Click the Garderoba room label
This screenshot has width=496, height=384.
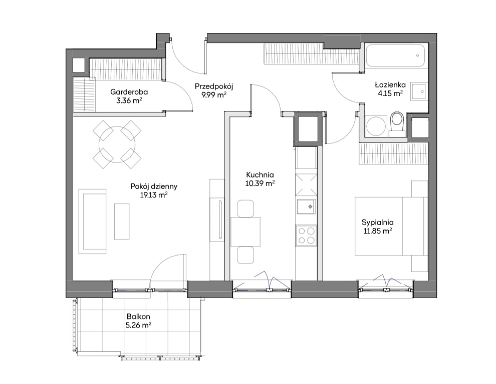coord(129,92)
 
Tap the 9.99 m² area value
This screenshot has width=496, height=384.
coord(214,94)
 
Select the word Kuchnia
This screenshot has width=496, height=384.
coord(260,174)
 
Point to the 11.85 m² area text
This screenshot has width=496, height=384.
coord(378,231)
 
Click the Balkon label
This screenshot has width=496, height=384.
coord(138,316)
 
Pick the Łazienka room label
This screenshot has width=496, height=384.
coord(390,84)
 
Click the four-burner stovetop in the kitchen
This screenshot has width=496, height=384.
coord(306,235)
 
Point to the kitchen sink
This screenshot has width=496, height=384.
coord(306,207)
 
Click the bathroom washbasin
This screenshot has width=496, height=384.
coord(419,91)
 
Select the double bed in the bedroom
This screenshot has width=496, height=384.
coord(391,226)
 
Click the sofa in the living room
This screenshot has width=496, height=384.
coord(92,221)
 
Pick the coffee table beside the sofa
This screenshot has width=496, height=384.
coord(122,221)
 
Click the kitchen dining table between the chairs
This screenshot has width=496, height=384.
coord(245,232)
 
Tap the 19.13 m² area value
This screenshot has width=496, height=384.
coord(154,195)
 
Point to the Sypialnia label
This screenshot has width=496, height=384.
coord(378,222)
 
